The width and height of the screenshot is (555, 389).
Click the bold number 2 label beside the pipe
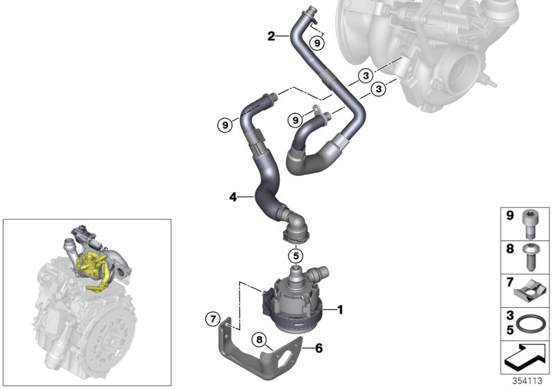pyautogui.click(x=272, y=35)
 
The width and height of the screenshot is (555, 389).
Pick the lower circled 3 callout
pyautogui.click(x=379, y=89)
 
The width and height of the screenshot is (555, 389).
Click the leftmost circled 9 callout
pyautogui.click(x=225, y=125)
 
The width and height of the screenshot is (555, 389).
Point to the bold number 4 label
pyautogui.click(x=234, y=198)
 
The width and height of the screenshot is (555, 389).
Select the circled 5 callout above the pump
pyautogui.click(x=296, y=256)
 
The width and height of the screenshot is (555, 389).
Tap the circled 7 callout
pyautogui.click(x=212, y=320)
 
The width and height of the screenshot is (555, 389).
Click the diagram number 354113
pyautogui.click(x=530, y=381)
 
